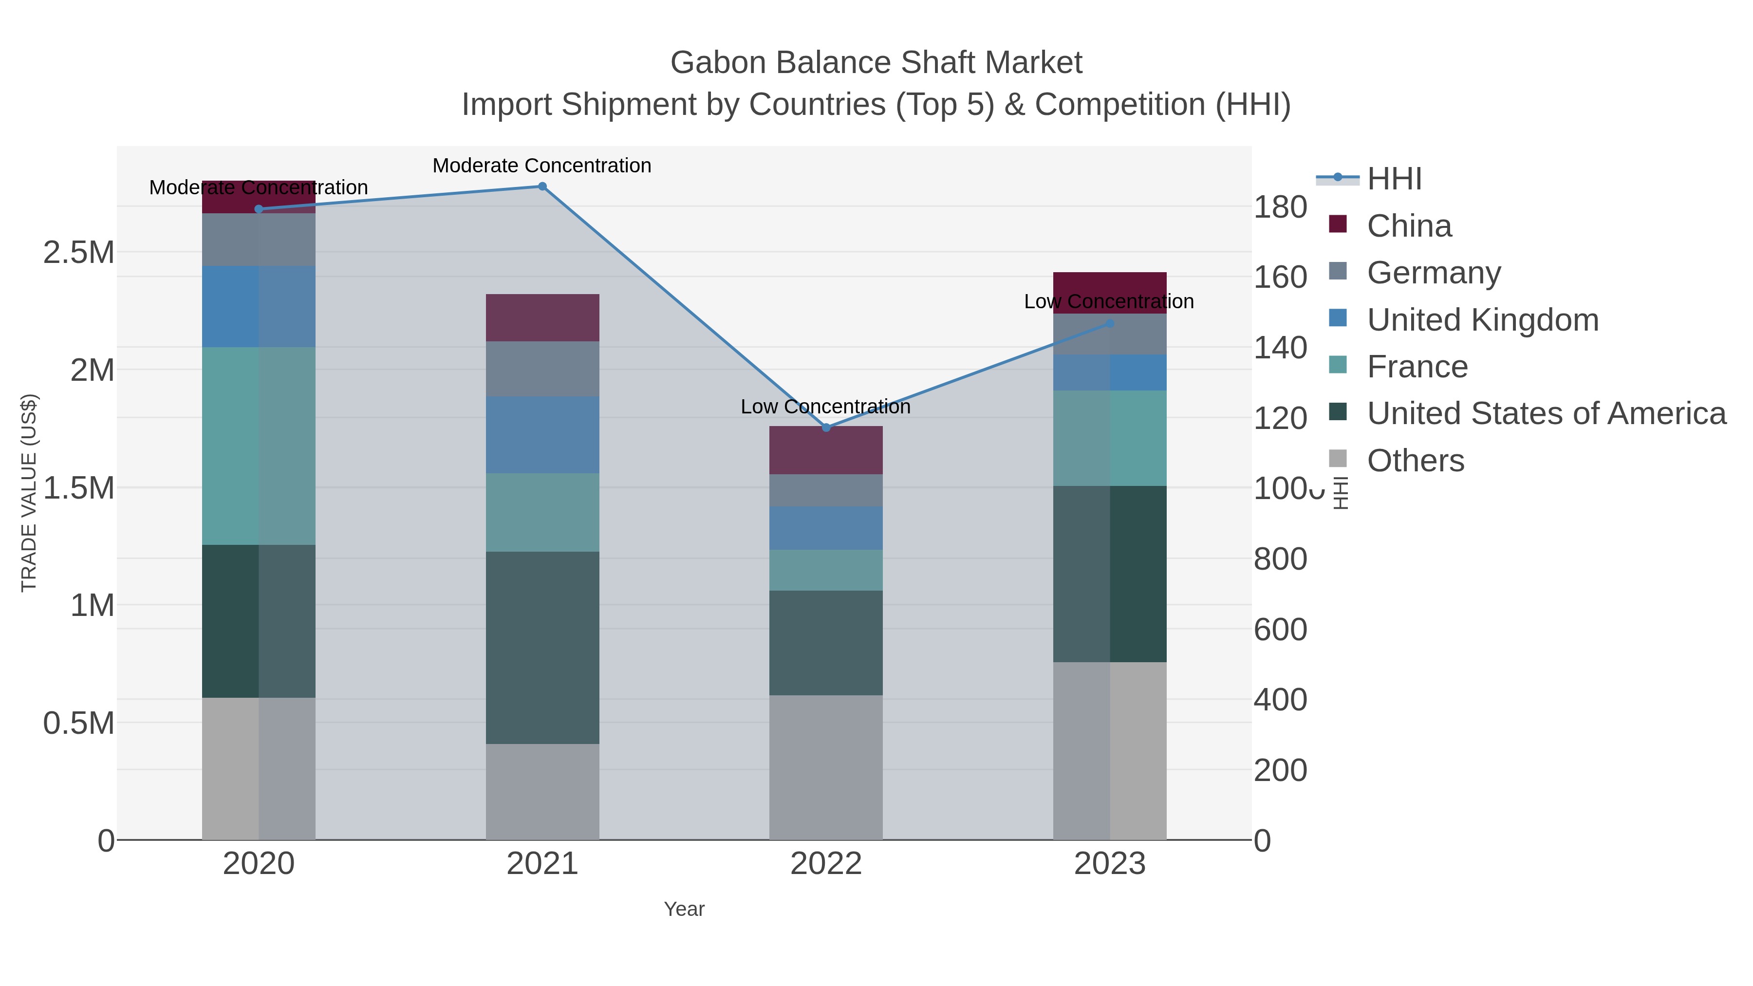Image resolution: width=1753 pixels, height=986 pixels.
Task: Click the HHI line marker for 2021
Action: [x=542, y=186]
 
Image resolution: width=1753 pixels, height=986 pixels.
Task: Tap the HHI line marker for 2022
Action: [x=826, y=428]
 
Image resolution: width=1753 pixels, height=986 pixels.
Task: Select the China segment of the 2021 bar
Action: [x=542, y=318]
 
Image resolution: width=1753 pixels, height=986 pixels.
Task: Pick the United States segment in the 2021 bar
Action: [x=542, y=647]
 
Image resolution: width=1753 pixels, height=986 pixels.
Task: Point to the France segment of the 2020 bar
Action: [x=259, y=446]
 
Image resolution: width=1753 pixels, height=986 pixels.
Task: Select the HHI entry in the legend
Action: [x=1394, y=179]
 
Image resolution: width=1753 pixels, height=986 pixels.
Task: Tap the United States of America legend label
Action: [x=1546, y=413]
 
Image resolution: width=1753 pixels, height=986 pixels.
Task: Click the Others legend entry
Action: [x=1416, y=461]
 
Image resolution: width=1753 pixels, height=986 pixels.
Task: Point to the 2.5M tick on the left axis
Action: [x=79, y=252]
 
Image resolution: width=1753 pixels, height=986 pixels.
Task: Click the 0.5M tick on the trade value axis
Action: [x=79, y=723]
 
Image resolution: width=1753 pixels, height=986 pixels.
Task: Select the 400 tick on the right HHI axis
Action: [x=1280, y=700]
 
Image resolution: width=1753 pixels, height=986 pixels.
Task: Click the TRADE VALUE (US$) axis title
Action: [x=29, y=493]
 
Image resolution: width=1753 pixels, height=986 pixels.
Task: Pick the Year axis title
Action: [x=684, y=909]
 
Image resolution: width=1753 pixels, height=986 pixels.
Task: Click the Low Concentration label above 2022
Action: [x=825, y=407]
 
